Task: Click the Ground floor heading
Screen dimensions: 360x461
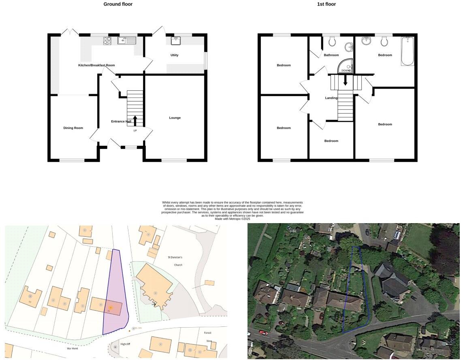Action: click(118, 4)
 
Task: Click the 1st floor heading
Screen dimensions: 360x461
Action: click(326, 4)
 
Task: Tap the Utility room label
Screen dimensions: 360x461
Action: click(174, 55)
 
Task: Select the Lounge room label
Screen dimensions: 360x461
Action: click(175, 118)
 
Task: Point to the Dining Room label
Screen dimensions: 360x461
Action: click(73, 128)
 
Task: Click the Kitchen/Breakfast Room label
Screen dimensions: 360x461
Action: click(96, 65)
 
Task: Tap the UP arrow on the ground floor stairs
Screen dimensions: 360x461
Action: click(135, 121)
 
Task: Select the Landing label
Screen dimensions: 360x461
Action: click(331, 98)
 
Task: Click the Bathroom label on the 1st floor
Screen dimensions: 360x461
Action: click(331, 55)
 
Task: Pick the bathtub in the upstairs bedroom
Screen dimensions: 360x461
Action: click(407, 51)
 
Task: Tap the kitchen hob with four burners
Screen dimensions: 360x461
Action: click(107, 40)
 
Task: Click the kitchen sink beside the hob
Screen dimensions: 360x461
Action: click(126, 40)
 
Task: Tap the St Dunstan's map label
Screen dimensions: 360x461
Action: click(175, 257)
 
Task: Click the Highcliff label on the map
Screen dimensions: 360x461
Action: click(125, 343)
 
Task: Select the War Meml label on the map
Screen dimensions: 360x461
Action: click(72, 348)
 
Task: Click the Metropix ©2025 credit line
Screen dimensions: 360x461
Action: click(232, 219)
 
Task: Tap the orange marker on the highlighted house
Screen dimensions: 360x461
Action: click(110, 308)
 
